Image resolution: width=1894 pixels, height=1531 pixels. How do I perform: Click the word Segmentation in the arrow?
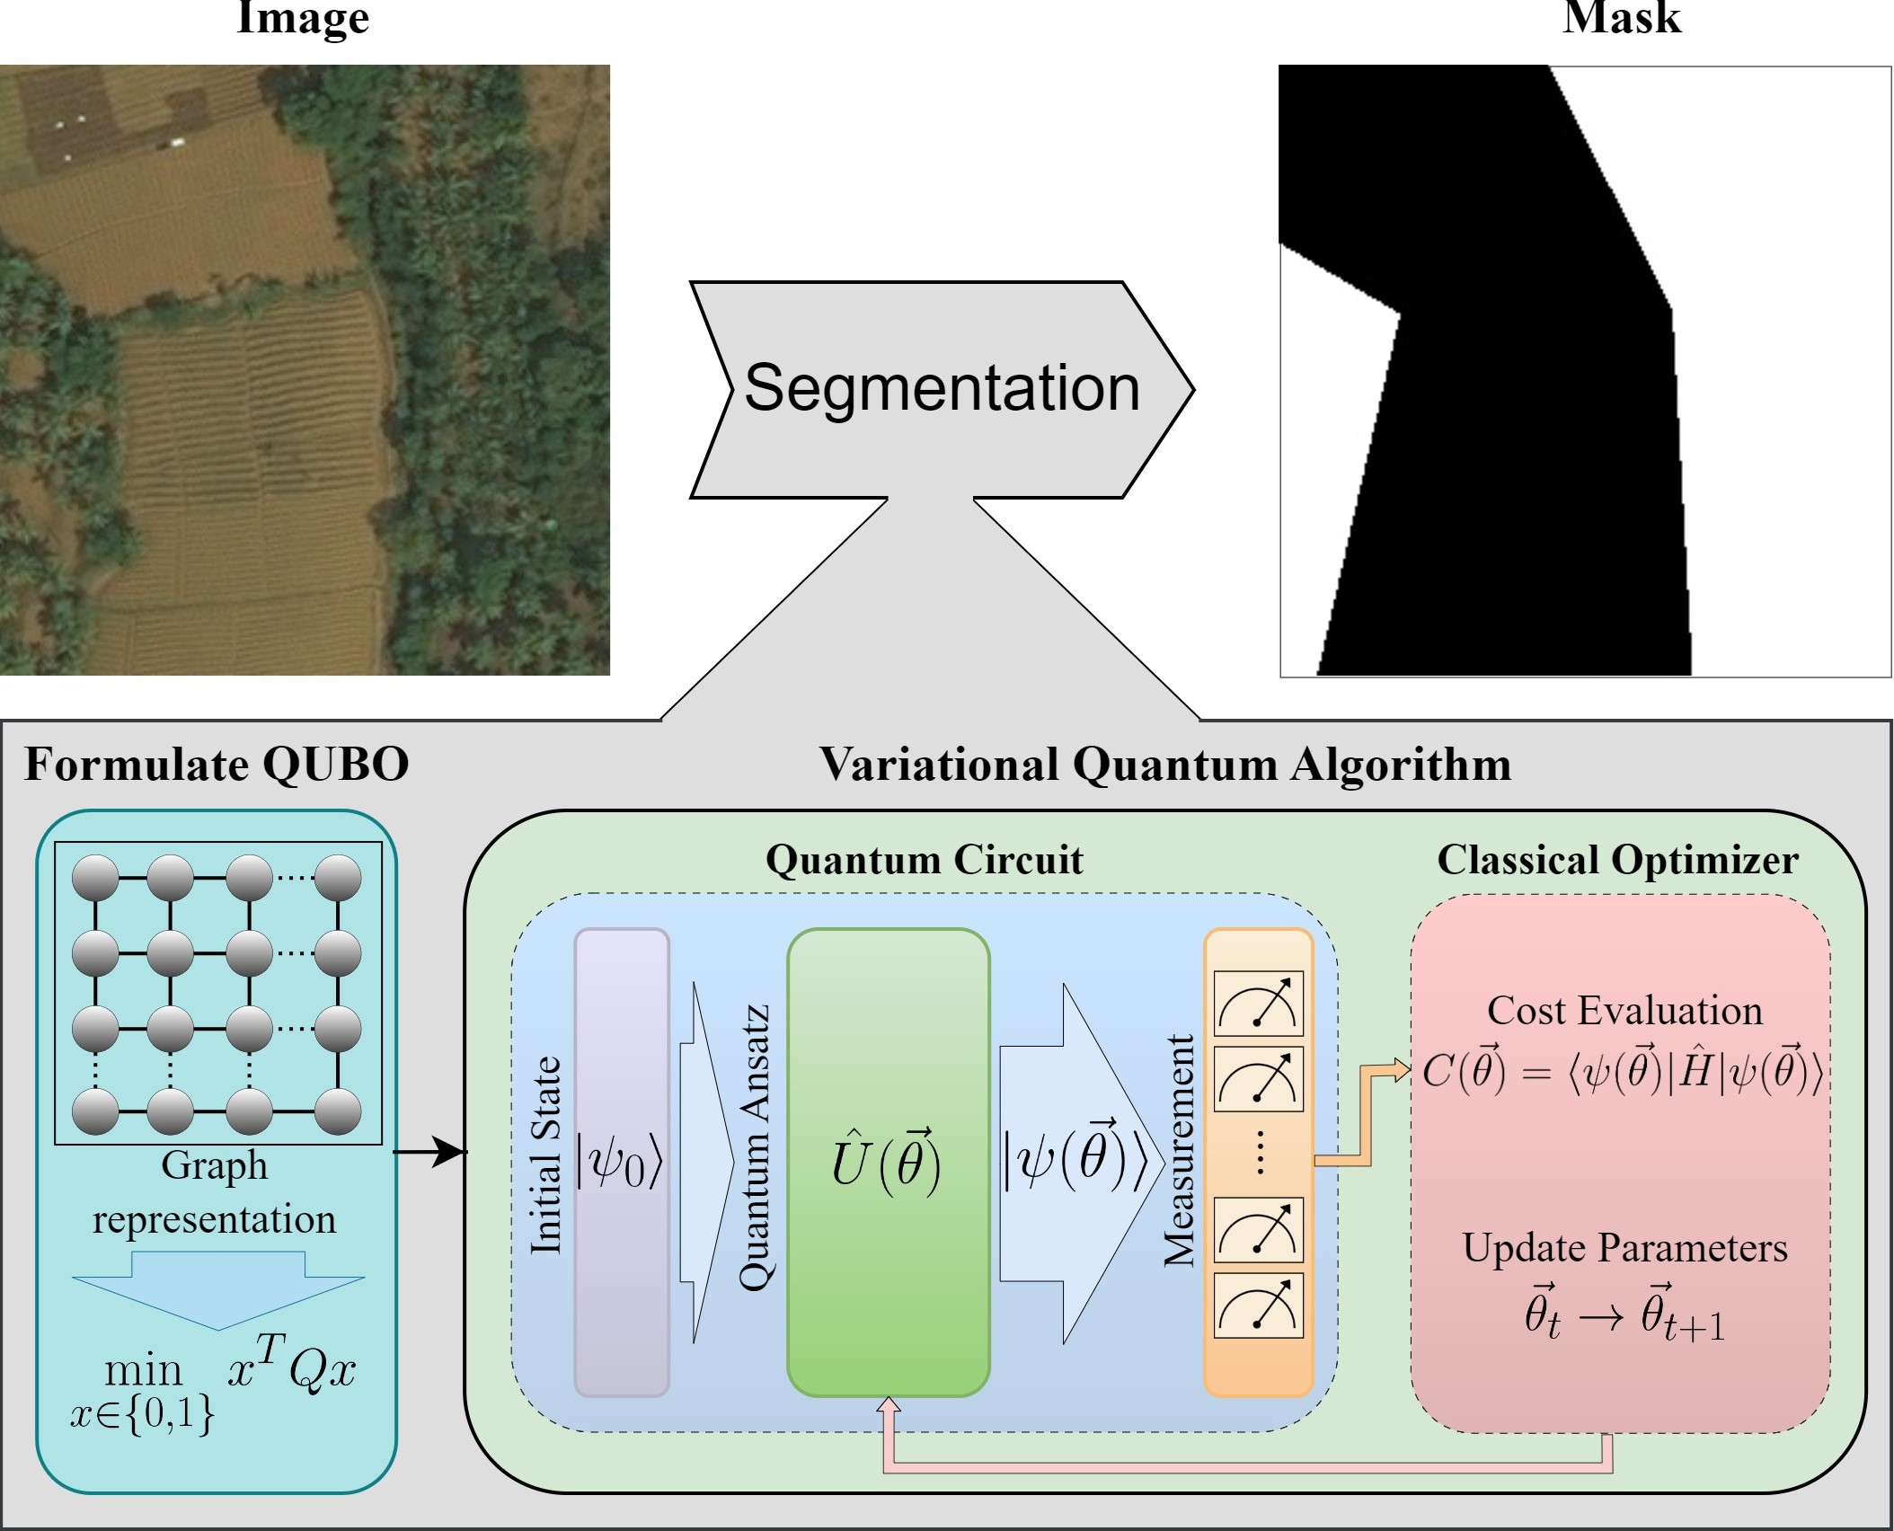click(942, 390)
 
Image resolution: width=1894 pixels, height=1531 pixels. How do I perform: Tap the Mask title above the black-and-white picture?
click(1621, 18)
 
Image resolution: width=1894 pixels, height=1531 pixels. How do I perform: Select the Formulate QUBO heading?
click(217, 765)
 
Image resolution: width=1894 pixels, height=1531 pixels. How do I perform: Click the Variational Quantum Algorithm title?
click(1164, 765)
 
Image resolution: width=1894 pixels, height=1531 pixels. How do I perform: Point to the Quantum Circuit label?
click(924, 860)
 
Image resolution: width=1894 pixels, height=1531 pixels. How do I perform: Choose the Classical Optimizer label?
click(1617, 860)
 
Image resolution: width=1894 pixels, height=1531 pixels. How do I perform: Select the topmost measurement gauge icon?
click(1258, 1004)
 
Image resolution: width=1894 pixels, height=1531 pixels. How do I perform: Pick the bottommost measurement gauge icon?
click(1258, 1305)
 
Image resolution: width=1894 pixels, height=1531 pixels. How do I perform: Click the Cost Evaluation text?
click(1624, 1011)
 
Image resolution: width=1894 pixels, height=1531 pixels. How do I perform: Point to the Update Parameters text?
click(1624, 1248)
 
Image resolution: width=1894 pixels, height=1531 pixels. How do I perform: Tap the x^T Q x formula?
click(291, 1369)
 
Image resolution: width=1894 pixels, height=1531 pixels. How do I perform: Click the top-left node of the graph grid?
click(95, 878)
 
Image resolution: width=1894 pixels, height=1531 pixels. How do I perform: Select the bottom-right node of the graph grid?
click(338, 1111)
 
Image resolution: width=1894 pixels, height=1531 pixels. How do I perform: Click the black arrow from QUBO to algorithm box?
click(431, 1151)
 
